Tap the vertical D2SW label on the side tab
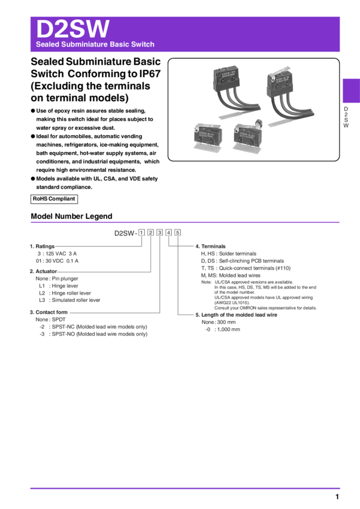(x=346, y=117)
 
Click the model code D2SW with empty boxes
(x=147, y=232)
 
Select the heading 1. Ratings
(x=42, y=246)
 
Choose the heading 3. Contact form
(x=49, y=312)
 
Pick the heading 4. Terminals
(x=210, y=246)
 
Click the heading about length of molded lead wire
(x=237, y=314)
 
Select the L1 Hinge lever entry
(x=57, y=286)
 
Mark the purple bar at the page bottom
(x=185, y=489)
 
